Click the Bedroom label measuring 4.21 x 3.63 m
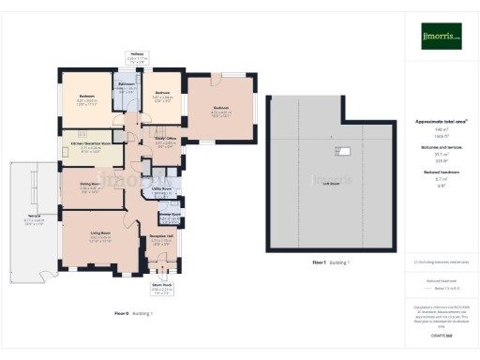point(86,97)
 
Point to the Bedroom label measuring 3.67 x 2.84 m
point(162,93)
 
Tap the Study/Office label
point(166,139)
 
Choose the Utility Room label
point(160,189)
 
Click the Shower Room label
point(170,214)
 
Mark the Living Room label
point(101,234)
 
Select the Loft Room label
point(330,183)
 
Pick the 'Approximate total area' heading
point(441,122)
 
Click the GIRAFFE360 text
point(442,335)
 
